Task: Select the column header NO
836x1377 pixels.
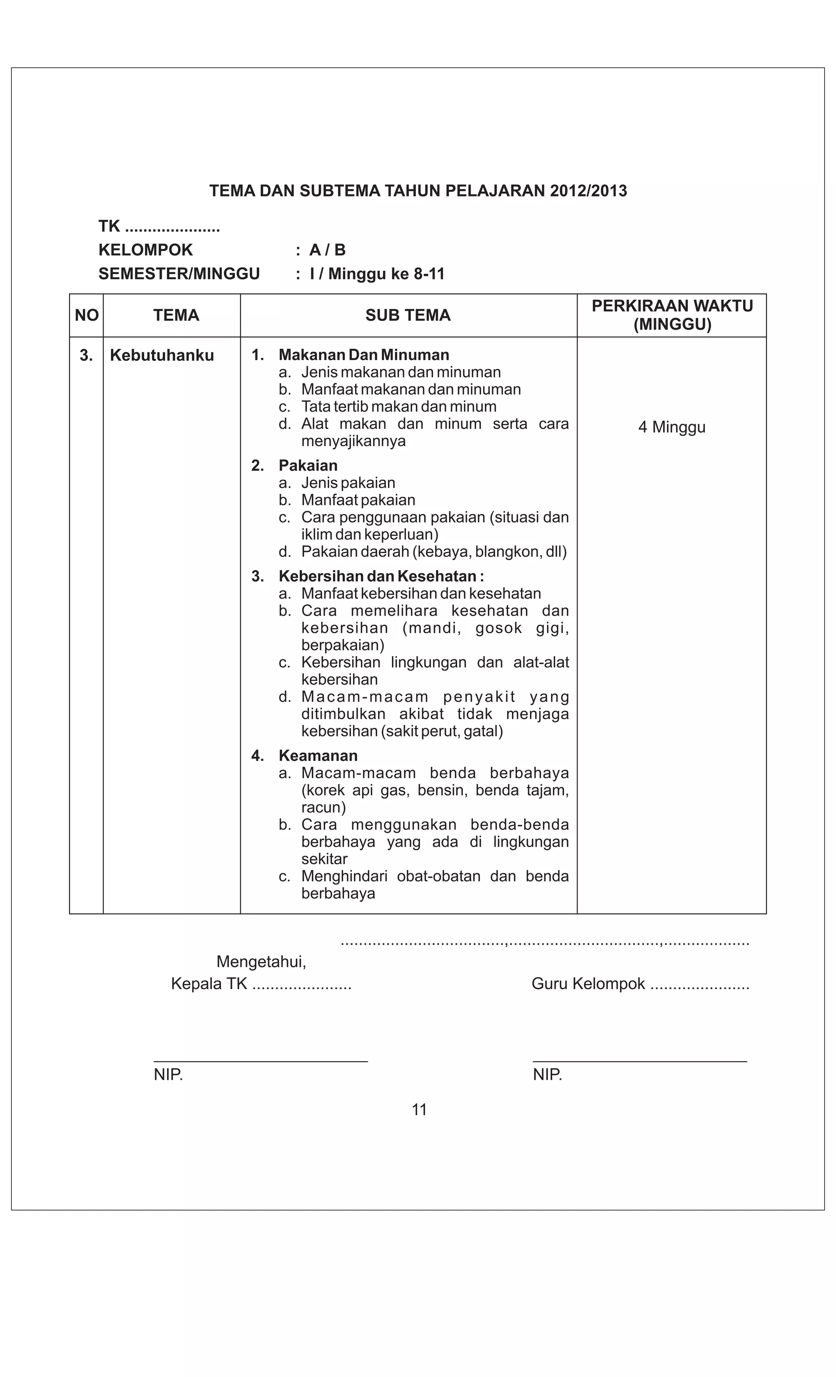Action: pyautogui.click(x=87, y=316)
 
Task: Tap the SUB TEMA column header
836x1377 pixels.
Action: pyautogui.click(x=408, y=316)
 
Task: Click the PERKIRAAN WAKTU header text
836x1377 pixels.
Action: pyautogui.click(x=672, y=306)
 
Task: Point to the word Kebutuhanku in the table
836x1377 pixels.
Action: pyautogui.click(x=162, y=356)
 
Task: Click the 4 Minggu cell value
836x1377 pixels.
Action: pyautogui.click(x=672, y=427)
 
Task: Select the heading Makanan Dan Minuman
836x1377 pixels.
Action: pyautogui.click(x=364, y=356)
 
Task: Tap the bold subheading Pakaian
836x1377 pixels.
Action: pyautogui.click(x=308, y=466)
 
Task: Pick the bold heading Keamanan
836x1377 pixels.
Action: pyautogui.click(x=318, y=756)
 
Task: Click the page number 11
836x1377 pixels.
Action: pyautogui.click(x=419, y=1110)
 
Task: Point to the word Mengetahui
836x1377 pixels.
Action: pyautogui.click(x=261, y=962)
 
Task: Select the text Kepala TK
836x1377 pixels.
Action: pyautogui.click(x=209, y=984)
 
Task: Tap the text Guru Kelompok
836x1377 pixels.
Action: pyautogui.click(x=588, y=984)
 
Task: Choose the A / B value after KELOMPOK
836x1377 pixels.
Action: pyautogui.click(x=327, y=250)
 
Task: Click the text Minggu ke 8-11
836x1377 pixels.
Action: pyautogui.click(x=386, y=274)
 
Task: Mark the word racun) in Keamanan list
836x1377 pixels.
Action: pyautogui.click(x=324, y=808)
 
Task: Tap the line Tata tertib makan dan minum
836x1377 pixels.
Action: pyautogui.click(x=398, y=407)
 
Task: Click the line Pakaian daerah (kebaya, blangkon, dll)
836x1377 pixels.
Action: pyautogui.click(x=434, y=552)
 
